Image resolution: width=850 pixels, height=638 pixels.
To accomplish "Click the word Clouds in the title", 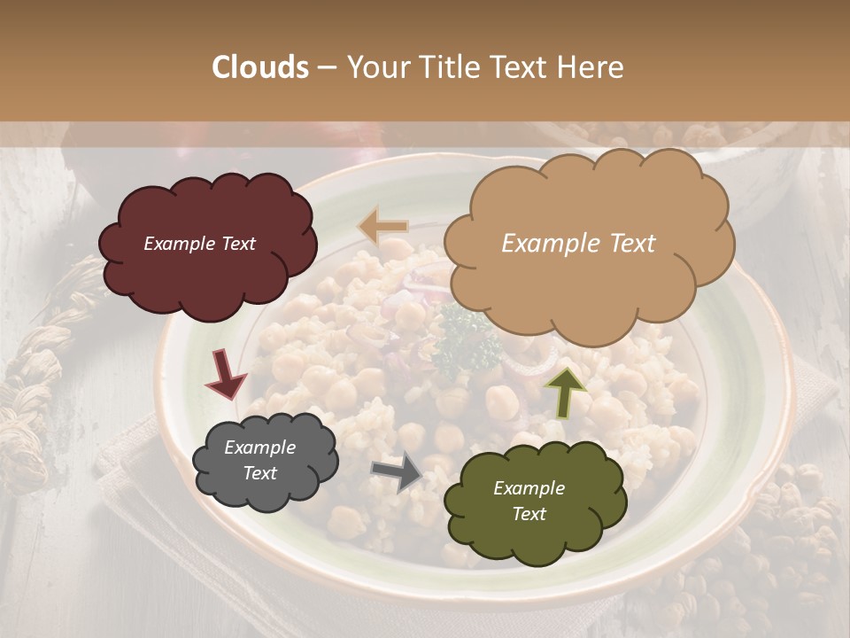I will [260, 67].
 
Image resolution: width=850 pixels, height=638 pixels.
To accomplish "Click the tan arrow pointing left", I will [383, 227].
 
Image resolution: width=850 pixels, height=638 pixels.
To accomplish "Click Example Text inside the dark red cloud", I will [199, 244].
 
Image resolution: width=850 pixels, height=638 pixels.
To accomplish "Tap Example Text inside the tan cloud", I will [578, 244].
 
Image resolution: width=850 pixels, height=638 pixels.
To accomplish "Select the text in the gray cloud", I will [259, 461].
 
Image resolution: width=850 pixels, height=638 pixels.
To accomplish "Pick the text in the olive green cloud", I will [529, 501].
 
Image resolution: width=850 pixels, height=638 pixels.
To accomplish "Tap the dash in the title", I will [327, 67].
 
